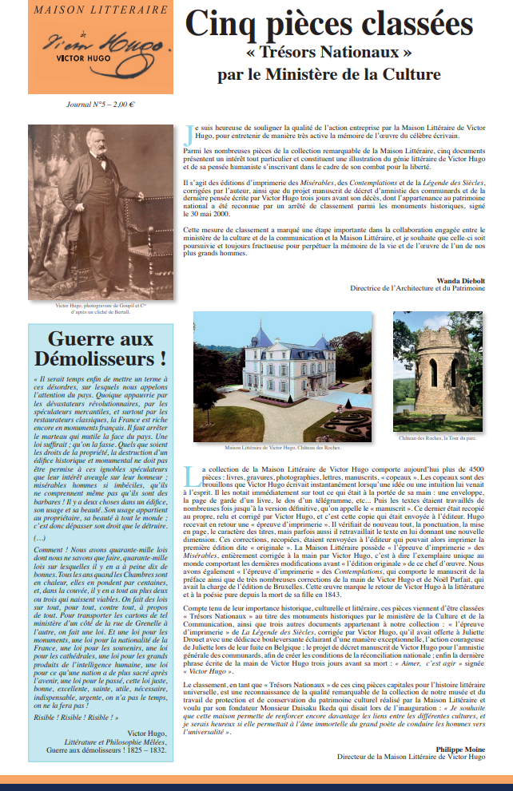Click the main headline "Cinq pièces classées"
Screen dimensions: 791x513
click(328, 24)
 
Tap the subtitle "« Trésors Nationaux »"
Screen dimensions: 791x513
click(328, 54)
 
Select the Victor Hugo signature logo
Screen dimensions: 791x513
click(100, 45)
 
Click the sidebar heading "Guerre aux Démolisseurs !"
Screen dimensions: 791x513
click(100, 347)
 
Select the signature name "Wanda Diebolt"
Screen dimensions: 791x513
click(460, 279)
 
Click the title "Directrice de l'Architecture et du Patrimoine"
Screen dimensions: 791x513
click(417, 287)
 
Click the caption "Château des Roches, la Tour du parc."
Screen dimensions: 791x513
click(438, 438)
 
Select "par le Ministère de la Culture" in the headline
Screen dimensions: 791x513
click(328, 76)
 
